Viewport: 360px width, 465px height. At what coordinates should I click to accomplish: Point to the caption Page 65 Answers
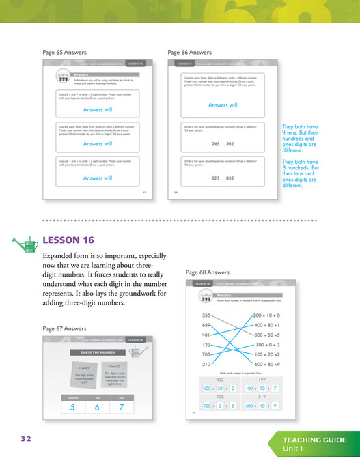(x=65, y=52)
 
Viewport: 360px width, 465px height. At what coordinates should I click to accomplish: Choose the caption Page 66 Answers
(x=189, y=52)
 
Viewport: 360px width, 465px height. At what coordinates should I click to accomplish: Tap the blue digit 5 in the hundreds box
(x=72, y=408)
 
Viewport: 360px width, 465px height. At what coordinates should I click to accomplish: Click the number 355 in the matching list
(x=206, y=315)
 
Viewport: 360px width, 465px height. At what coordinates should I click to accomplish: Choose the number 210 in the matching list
(x=206, y=365)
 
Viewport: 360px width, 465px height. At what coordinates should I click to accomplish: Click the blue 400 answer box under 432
(x=207, y=388)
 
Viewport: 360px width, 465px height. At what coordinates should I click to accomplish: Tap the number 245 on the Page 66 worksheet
(x=215, y=144)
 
